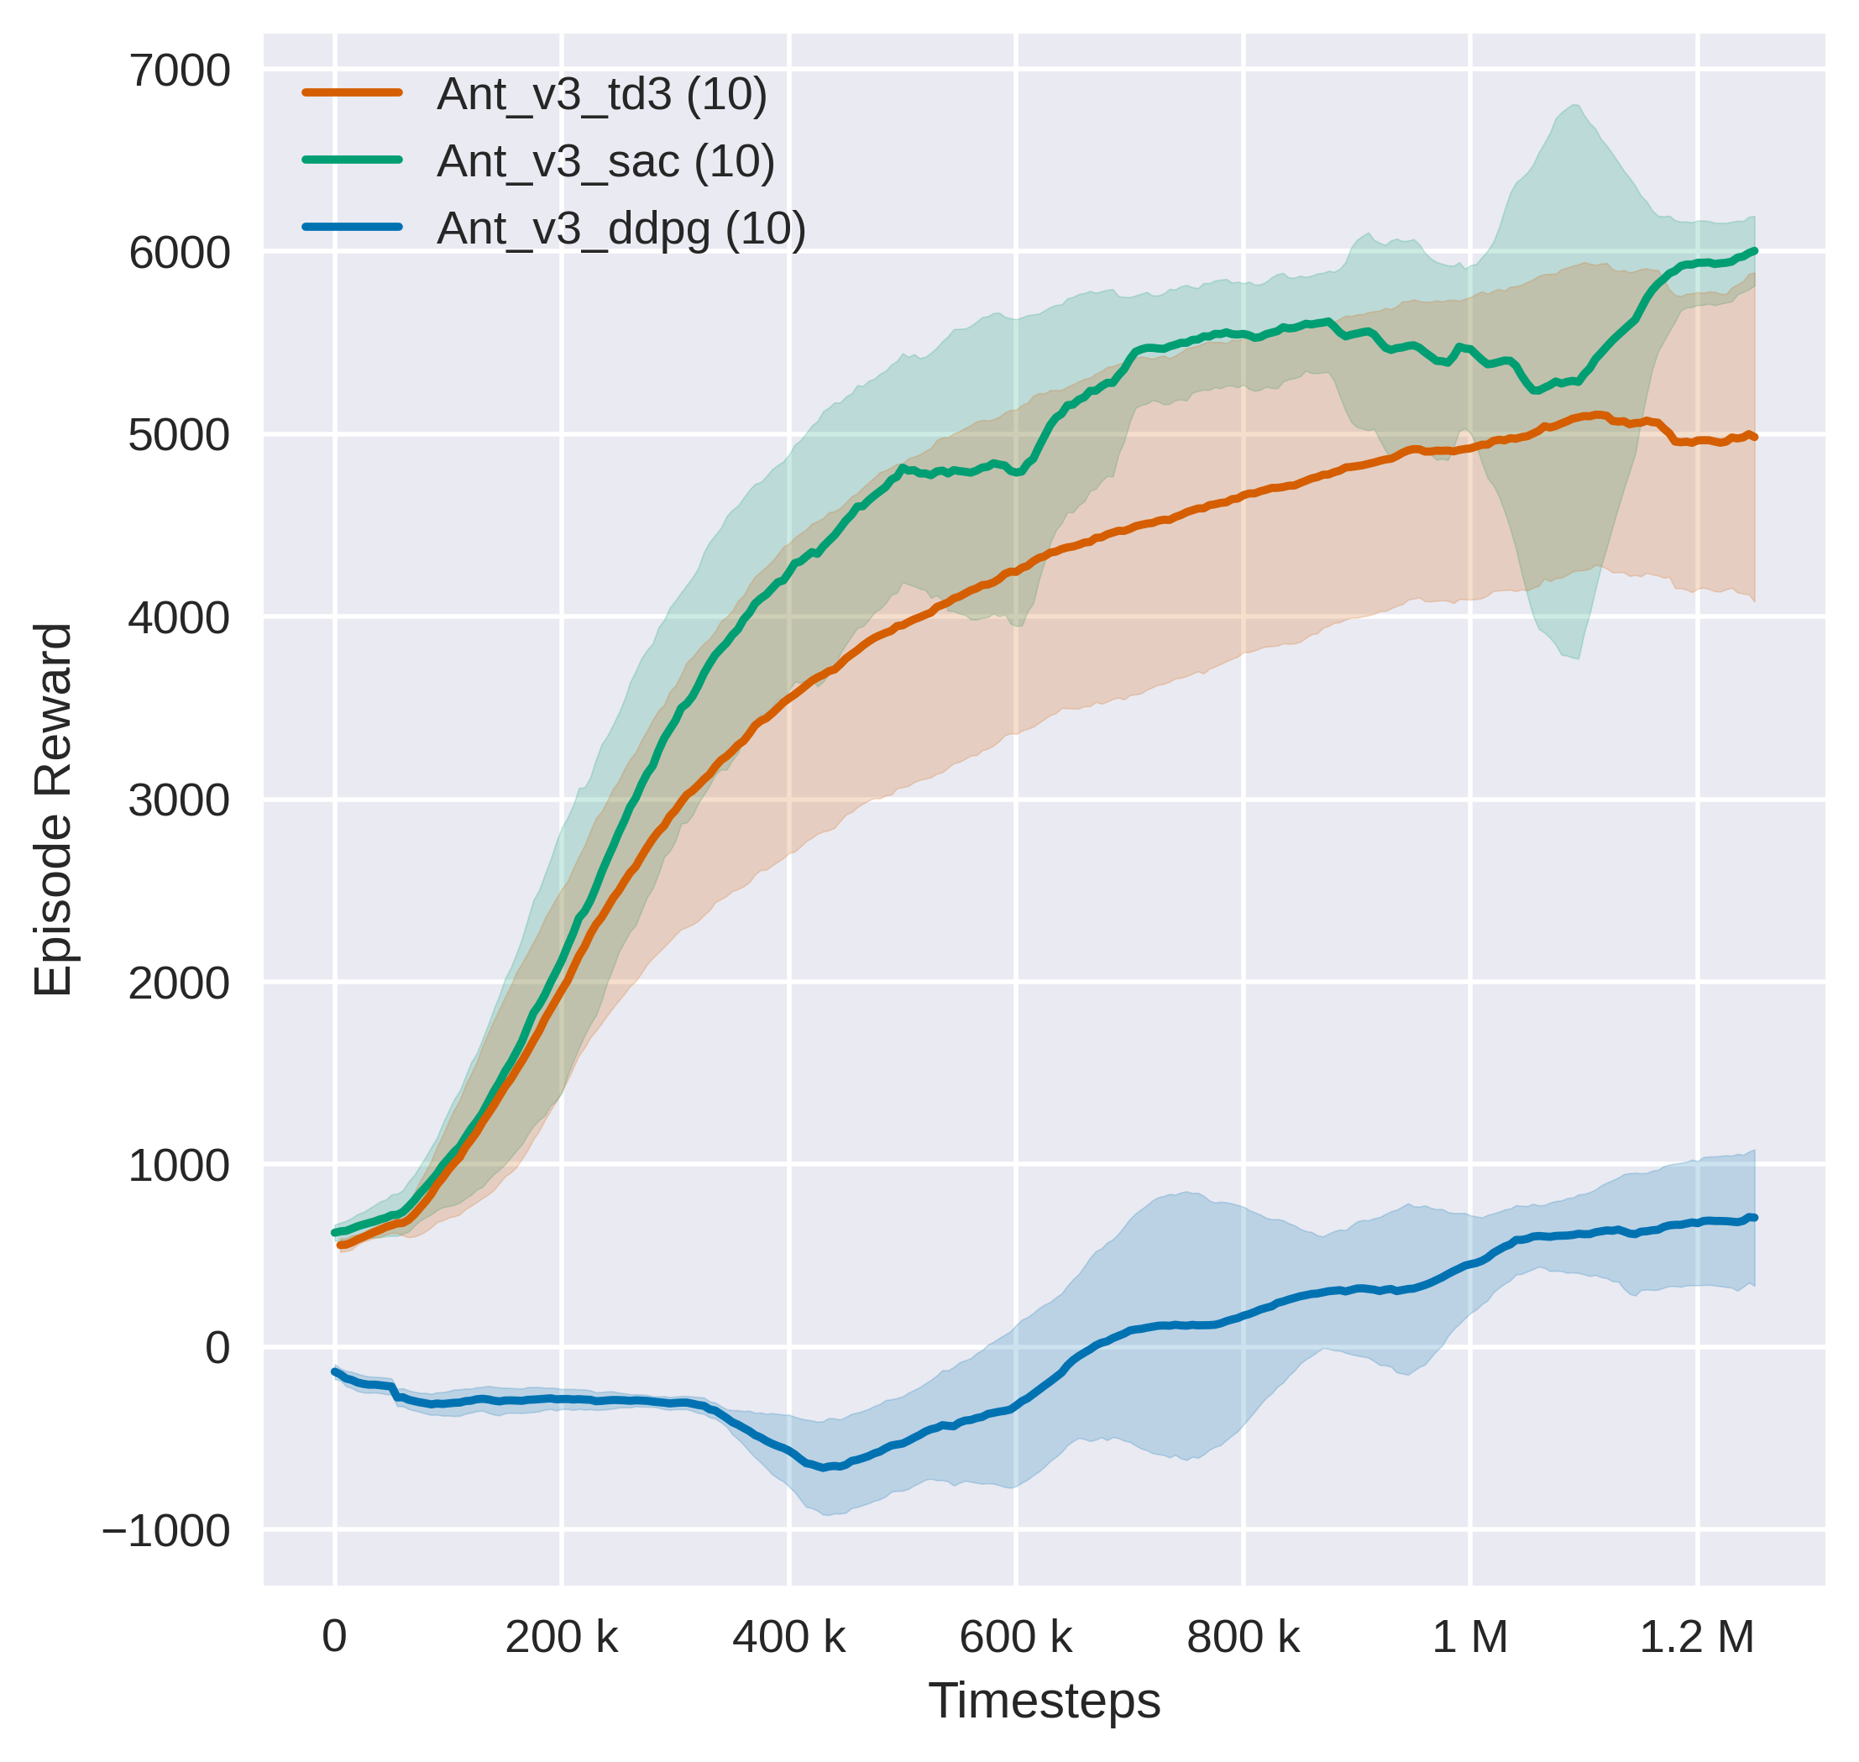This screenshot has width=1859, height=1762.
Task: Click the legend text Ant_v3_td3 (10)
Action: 602,95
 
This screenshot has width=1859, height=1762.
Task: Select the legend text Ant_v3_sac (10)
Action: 605,161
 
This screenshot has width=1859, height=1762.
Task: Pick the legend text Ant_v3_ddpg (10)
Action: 621,228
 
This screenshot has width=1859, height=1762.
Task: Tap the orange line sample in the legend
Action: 352,93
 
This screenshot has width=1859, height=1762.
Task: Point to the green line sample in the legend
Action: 352,160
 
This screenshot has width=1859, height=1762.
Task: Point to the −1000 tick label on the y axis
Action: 166,1531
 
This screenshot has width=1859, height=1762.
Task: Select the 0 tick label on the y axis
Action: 217,1348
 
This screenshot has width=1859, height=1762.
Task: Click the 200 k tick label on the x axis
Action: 562,1637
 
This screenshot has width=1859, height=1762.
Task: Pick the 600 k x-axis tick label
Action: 1016,1637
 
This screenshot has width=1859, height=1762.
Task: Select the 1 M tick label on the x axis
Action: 1470,1637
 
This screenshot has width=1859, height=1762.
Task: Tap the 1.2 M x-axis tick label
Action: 1698,1637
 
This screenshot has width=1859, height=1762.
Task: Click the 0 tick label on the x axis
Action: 334,1637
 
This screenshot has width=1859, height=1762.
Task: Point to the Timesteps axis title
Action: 1044,1701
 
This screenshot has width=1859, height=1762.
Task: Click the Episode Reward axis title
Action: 54,810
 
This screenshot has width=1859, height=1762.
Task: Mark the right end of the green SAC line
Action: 1754,251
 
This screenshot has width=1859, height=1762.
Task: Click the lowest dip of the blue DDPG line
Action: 825,1467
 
